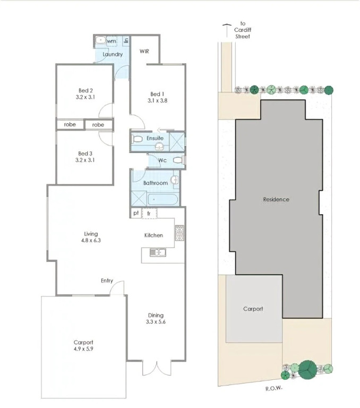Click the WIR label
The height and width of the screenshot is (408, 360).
(x=144, y=51)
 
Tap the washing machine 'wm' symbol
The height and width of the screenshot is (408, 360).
(x=112, y=41)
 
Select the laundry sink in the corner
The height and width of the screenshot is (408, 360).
(x=100, y=40)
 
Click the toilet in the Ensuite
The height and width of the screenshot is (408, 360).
(x=137, y=139)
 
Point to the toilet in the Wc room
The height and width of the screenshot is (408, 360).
(x=179, y=160)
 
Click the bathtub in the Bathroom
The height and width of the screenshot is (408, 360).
(x=163, y=200)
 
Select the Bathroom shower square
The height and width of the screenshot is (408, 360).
(x=139, y=198)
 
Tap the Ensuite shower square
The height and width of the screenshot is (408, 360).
(x=177, y=142)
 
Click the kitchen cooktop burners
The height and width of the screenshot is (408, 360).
(x=179, y=233)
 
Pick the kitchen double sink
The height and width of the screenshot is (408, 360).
(x=158, y=252)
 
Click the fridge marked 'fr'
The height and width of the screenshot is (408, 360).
(x=149, y=214)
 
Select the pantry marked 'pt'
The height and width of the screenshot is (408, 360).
(x=136, y=213)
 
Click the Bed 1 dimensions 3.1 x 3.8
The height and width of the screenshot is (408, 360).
(x=157, y=101)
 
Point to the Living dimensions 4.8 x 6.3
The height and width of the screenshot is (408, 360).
(x=91, y=241)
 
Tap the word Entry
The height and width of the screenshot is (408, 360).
(x=107, y=280)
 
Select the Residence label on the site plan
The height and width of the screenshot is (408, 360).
(x=276, y=200)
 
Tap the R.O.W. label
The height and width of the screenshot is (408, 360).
(x=273, y=388)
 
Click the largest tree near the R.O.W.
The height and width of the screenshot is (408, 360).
(x=308, y=370)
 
